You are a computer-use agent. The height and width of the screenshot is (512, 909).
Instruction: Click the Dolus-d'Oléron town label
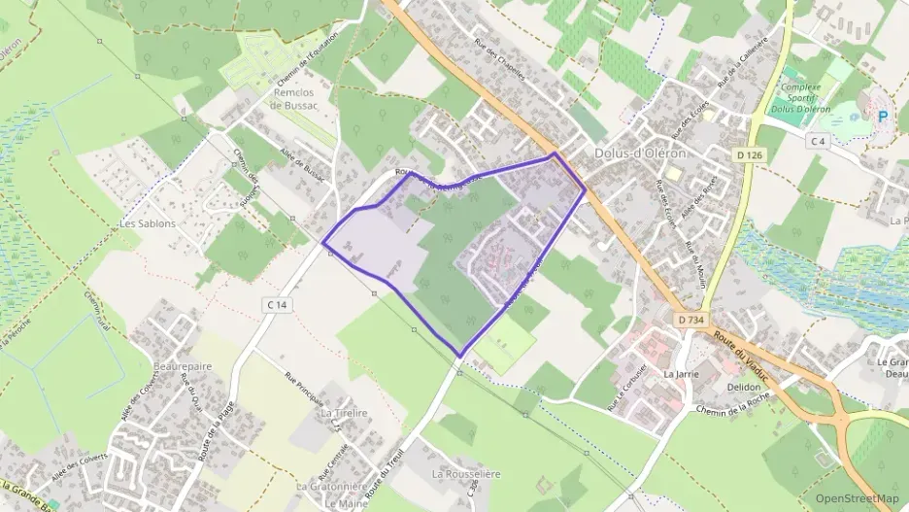(640, 154)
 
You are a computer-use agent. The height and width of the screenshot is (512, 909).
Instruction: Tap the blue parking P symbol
(883, 117)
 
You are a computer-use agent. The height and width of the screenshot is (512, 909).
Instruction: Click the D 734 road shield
(690, 319)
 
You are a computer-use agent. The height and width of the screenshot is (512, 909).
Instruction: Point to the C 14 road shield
(278, 305)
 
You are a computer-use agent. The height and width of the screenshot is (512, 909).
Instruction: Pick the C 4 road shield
(819, 141)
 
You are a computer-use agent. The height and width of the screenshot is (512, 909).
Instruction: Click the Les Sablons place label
(147, 222)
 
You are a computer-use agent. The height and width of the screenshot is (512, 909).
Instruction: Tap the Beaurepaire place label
(183, 366)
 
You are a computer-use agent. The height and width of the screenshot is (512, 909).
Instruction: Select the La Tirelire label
(344, 412)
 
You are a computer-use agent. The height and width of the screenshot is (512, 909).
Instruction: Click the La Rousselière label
(466, 473)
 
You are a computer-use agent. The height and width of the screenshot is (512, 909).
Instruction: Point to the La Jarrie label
(682, 373)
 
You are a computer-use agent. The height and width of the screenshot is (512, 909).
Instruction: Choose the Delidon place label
(743, 386)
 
